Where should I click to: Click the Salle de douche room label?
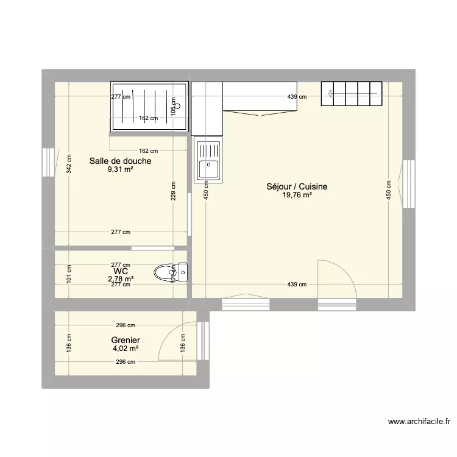[x=120, y=161]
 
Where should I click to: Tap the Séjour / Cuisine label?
[x=297, y=187]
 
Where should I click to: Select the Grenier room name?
[x=126, y=341]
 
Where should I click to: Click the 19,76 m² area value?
[x=297, y=195]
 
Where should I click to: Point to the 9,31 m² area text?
[x=120, y=170]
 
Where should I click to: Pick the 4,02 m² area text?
[x=125, y=349]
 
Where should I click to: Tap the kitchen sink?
[x=208, y=161]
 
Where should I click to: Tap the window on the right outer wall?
[x=407, y=184]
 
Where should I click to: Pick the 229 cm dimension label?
[x=174, y=192]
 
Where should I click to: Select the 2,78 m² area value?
[x=120, y=278]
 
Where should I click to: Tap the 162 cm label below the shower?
[x=149, y=151]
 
